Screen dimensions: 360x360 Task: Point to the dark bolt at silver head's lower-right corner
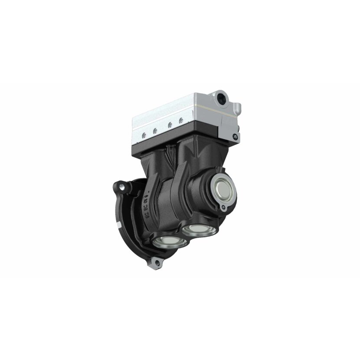click(x=235, y=137)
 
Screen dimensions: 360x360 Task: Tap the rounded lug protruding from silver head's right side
click(x=237, y=108)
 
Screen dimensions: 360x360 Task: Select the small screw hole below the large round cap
click(x=223, y=208)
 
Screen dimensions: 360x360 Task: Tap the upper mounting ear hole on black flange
click(x=125, y=186)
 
